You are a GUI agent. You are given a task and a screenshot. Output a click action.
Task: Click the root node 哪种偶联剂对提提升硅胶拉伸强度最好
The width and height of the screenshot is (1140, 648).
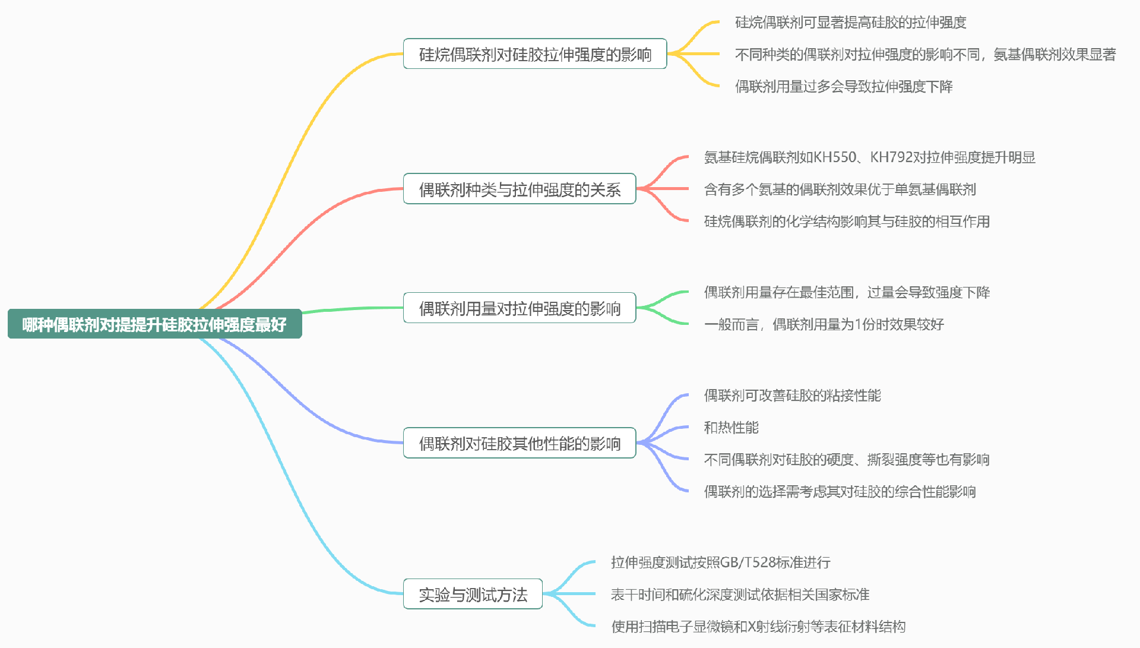coord(154,324)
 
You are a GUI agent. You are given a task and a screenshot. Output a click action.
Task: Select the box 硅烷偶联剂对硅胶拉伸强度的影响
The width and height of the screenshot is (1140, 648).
coord(535,54)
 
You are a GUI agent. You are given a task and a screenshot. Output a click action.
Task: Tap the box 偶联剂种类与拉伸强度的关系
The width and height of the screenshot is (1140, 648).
coord(520,189)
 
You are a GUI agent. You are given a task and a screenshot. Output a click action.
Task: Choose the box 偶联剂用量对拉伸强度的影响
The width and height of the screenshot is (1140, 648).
coord(520,308)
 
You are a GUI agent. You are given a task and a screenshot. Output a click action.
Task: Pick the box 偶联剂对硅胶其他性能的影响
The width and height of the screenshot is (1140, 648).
coord(520,443)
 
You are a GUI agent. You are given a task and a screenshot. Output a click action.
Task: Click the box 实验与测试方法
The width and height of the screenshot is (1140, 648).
coord(473,594)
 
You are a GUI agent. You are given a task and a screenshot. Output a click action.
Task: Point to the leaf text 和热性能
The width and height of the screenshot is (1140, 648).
coord(731,428)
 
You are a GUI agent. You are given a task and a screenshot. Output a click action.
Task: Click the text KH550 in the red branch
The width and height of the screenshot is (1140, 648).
coord(835,157)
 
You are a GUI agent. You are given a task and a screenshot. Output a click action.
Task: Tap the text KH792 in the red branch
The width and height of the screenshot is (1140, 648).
coord(891,157)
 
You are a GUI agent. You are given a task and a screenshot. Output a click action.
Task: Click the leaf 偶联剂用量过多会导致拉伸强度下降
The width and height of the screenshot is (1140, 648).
coord(844,87)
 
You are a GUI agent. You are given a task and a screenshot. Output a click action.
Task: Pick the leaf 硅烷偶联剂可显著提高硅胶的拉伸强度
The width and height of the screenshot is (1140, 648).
coord(850,23)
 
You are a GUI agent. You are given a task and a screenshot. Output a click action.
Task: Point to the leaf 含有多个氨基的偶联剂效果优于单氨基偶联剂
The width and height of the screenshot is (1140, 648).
coord(840,189)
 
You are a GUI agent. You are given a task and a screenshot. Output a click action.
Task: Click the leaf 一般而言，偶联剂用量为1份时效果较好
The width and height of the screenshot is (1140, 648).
coord(824,324)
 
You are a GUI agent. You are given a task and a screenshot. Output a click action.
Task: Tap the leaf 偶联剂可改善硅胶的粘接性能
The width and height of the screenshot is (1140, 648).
coord(792,396)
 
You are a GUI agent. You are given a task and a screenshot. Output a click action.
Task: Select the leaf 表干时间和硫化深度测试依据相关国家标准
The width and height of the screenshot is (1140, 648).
coord(740,595)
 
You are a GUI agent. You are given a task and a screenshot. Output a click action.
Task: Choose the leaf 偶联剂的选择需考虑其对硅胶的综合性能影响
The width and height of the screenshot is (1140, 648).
coord(840,492)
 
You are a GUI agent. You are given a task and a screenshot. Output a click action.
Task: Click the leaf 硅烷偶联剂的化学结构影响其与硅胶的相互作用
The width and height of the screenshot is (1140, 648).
coord(847,222)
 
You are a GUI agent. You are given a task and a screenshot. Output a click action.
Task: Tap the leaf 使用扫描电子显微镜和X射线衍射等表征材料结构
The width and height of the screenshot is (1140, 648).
coord(758,627)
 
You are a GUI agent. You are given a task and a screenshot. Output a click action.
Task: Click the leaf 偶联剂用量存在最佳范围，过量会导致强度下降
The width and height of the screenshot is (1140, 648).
coord(847,292)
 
